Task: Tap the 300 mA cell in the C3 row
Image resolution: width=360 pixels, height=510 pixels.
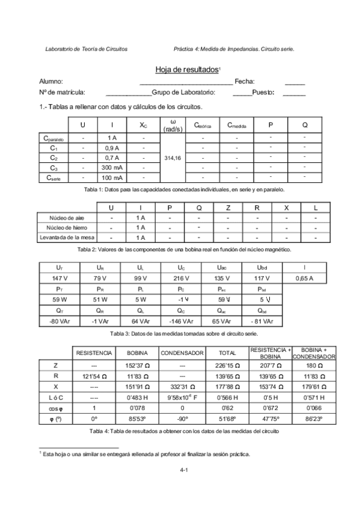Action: (112, 167)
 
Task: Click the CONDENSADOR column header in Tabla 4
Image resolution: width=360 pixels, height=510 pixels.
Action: (183, 353)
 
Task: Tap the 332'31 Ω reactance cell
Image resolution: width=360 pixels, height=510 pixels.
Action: (183, 386)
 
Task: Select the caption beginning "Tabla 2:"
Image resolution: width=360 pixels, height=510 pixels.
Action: (183, 248)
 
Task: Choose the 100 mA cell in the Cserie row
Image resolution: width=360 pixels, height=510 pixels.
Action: (112, 178)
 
